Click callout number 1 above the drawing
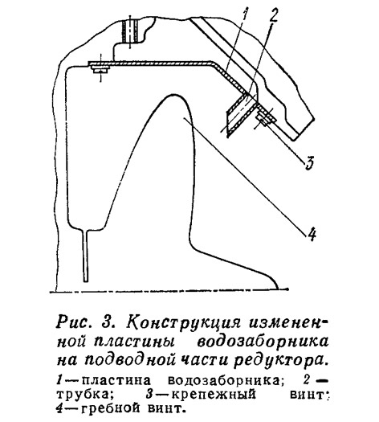pyautogui.click(x=245, y=15)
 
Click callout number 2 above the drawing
pyautogui.click(x=273, y=14)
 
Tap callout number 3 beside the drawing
pyautogui.click(x=309, y=162)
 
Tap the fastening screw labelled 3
pyautogui.click(x=264, y=118)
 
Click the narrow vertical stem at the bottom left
pyautogui.click(x=86, y=256)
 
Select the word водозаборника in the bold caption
pyautogui.click(x=263, y=342)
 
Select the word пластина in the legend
pyautogui.click(x=116, y=380)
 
